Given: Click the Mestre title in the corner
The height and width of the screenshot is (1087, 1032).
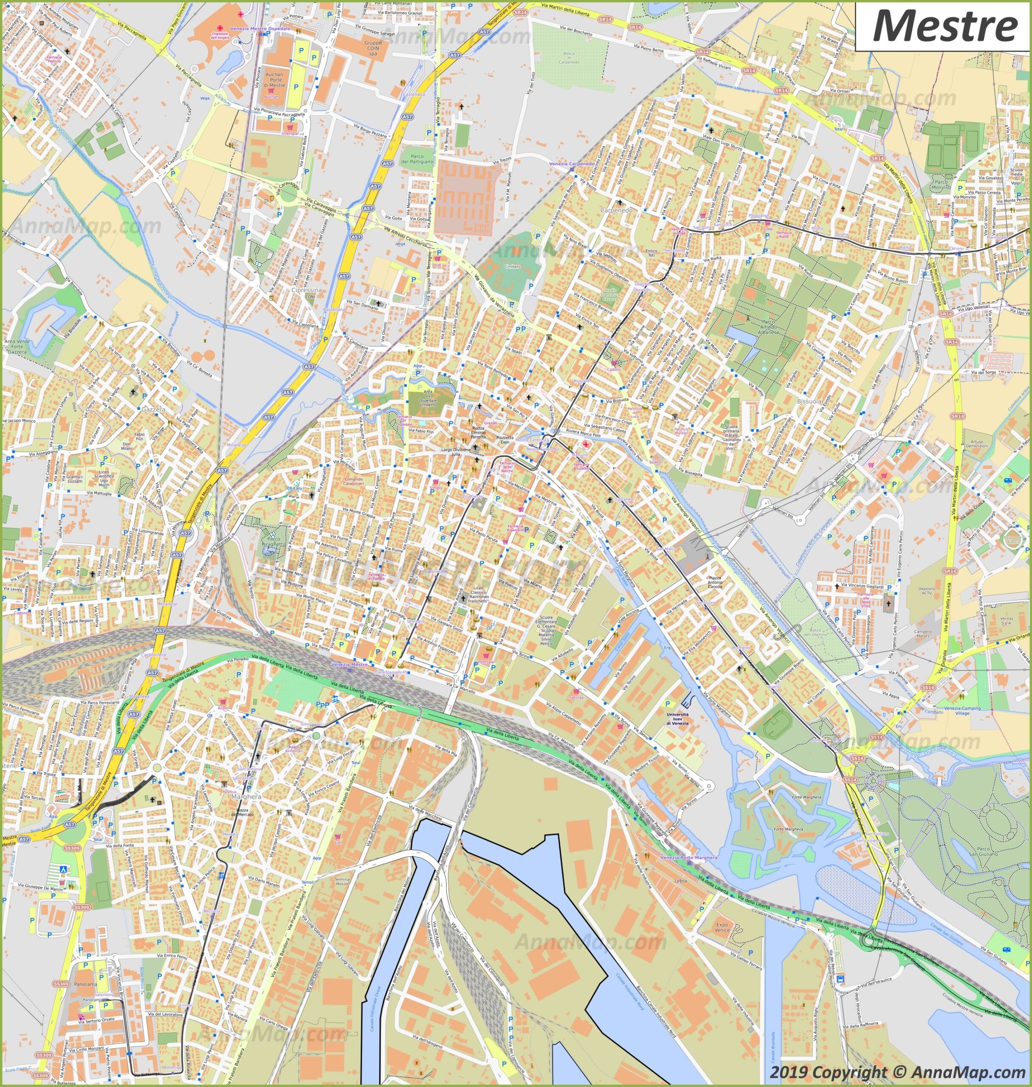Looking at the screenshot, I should (945, 26).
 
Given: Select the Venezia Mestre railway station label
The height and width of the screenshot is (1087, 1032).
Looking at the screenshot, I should (349, 665).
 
